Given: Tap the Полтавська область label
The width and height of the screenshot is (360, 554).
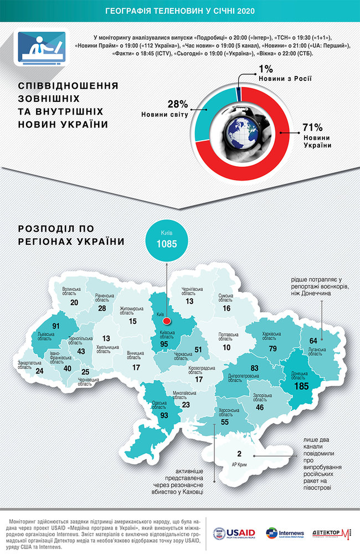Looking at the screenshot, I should point(228,337).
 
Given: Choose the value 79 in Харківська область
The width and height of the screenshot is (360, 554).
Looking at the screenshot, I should point(272,348).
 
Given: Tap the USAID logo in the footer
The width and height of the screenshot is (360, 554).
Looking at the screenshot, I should point(235,534).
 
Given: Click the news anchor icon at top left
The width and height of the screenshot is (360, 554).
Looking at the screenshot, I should point(39,50).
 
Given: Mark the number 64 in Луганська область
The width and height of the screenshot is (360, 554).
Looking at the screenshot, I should point(312,340).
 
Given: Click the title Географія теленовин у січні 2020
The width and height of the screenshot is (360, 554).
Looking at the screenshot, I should point(180,11).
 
